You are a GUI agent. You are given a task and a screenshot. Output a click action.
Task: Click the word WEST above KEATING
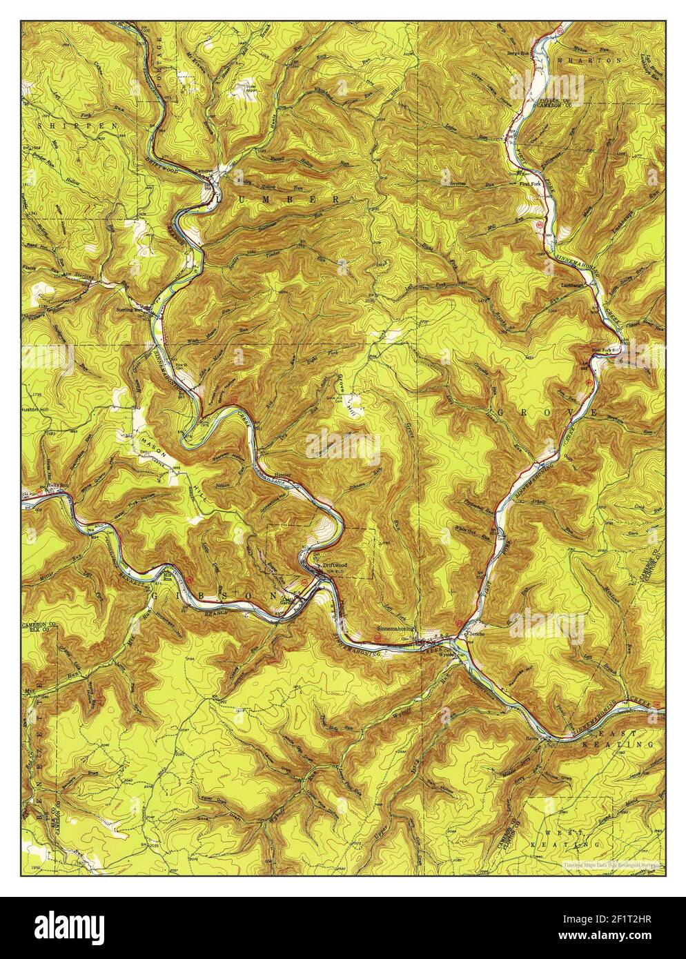[x=567, y=835]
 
